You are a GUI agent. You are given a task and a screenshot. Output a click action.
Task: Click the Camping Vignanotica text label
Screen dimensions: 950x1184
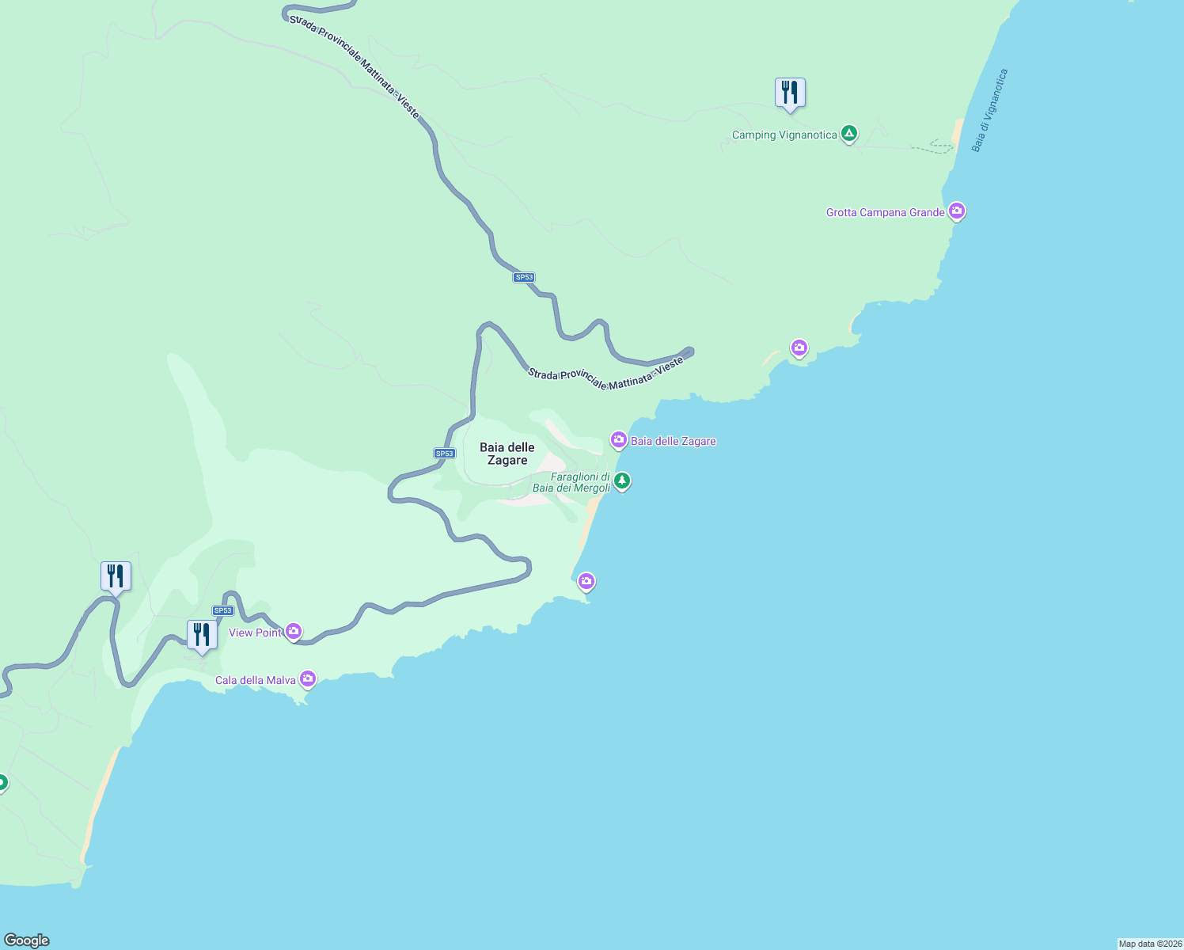pyautogui.click(x=784, y=135)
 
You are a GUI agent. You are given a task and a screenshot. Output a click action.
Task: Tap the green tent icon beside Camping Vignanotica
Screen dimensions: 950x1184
pyautogui.click(x=849, y=133)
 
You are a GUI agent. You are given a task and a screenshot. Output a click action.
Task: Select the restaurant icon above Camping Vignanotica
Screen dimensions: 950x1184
pyautogui.click(x=790, y=93)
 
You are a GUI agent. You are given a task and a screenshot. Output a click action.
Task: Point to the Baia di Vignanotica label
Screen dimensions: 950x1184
pyautogui.click(x=990, y=111)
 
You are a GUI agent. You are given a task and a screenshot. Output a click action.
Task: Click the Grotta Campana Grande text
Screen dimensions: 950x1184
pyautogui.click(x=885, y=212)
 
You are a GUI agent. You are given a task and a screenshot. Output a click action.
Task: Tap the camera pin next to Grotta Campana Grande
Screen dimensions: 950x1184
pyautogui.click(x=957, y=211)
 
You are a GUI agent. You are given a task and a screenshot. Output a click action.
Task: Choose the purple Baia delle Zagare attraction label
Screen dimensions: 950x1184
pyautogui.click(x=673, y=441)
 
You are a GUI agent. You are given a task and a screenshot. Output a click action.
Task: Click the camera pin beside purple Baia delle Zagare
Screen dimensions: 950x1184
pyautogui.click(x=618, y=439)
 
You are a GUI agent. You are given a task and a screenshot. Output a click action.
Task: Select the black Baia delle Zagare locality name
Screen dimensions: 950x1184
pyautogui.click(x=507, y=454)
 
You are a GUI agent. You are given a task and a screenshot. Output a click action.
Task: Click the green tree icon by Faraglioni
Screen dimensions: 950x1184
pyautogui.click(x=622, y=481)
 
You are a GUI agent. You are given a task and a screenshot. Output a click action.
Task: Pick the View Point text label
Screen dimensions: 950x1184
pyautogui.click(x=255, y=633)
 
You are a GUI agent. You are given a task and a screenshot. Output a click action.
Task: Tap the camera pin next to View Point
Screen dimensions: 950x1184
pyautogui.click(x=294, y=631)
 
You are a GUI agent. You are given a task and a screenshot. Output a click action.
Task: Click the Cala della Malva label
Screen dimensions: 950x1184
pyautogui.click(x=256, y=680)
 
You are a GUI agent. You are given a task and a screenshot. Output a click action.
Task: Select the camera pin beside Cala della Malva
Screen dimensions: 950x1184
pyautogui.click(x=308, y=679)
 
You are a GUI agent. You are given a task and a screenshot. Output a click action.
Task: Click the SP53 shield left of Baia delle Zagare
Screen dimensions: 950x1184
pyautogui.click(x=445, y=454)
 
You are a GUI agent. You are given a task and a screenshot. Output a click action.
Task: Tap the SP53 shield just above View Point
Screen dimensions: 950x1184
pyautogui.click(x=222, y=610)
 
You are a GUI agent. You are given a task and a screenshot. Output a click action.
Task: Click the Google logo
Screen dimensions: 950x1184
pyautogui.click(x=27, y=940)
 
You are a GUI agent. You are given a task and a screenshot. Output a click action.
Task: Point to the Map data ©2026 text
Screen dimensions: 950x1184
pyautogui.click(x=1150, y=944)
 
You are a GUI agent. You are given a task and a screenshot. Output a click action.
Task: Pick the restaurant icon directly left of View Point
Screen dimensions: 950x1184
pyautogui.click(x=202, y=635)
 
